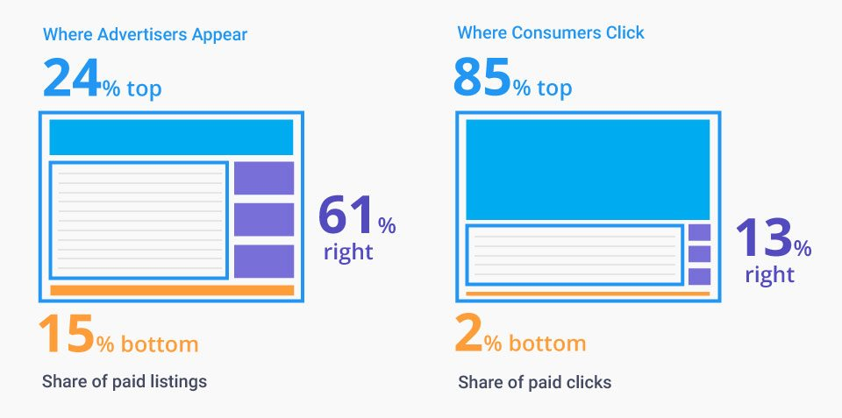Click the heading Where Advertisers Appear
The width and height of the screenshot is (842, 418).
point(145,35)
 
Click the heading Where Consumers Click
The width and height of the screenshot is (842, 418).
point(550,33)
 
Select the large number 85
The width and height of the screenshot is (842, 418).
point(482,77)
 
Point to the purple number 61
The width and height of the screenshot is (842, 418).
point(346,216)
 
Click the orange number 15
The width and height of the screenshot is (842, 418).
point(66,336)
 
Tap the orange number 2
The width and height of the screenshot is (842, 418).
point(468,336)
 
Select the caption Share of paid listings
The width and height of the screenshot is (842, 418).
point(124,382)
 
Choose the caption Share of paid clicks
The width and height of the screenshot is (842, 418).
point(534,383)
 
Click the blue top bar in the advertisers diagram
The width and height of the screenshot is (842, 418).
point(171,138)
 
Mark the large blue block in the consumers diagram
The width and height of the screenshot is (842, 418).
point(587,170)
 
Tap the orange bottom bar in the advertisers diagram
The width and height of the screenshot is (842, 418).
point(171,290)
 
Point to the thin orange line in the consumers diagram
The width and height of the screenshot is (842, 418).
point(587,294)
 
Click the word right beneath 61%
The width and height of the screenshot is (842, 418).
point(348,252)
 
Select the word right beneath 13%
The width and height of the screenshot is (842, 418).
point(769,275)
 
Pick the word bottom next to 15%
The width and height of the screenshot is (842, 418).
point(159,344)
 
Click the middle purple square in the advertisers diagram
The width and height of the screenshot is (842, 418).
point(263,220)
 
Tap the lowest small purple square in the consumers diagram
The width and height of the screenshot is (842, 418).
point(699,277)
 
